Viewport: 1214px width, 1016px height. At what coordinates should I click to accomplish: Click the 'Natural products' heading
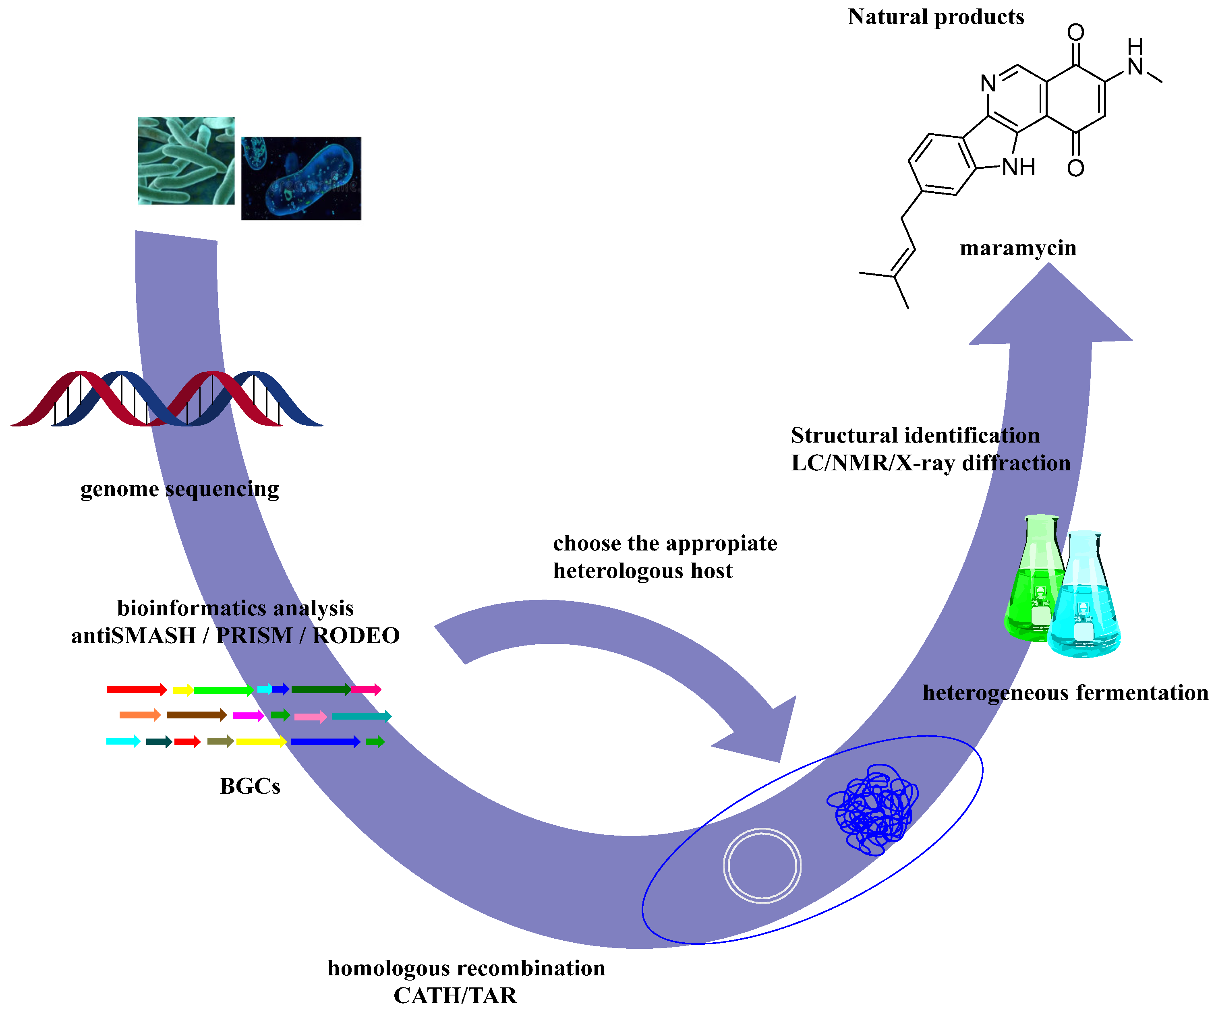coord(935,17)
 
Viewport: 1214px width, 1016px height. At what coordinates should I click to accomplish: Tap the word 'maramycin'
coord(1018,248)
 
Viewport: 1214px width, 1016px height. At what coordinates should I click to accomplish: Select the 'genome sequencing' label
coord(180,489)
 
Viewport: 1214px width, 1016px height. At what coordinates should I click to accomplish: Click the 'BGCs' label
coord(250,786)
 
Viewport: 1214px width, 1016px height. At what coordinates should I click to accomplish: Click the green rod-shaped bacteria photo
coord(186,161)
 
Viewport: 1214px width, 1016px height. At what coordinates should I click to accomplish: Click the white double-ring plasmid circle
coord(762,865)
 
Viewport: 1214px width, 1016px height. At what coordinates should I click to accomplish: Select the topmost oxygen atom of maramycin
coord(1075,32)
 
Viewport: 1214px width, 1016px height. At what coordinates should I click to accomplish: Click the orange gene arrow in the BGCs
coord(140,716)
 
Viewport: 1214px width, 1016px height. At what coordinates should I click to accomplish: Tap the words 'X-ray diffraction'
coord(983,464)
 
